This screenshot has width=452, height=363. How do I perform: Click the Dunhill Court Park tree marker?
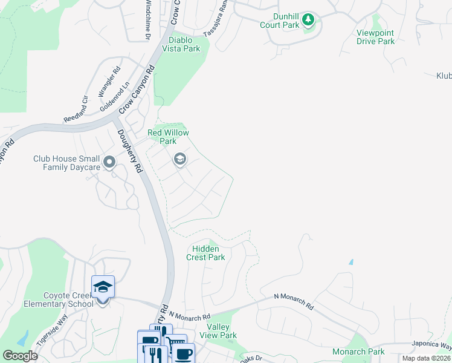pyautogui.click(x=308, y=20)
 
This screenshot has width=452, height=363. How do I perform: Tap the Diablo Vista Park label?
pyautogui.click(x=183, y=44)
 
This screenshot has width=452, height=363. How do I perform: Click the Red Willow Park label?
pyautogui.click(x=169, y=137)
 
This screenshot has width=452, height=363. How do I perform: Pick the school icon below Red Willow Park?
pyautogui.click(x=179, y=159)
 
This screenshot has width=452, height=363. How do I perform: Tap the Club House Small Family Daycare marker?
pyautogui.click(x=109, y=162)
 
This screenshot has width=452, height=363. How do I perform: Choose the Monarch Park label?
pyautogui.click(x=358, y=352)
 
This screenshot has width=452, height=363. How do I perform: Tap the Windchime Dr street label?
pyautogui.click(x=147, y=20)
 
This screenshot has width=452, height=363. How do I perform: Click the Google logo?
pyautogui.click(x=20, y=356)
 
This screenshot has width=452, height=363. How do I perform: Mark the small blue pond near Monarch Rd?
pyautogui.click(x=351, y=263)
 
